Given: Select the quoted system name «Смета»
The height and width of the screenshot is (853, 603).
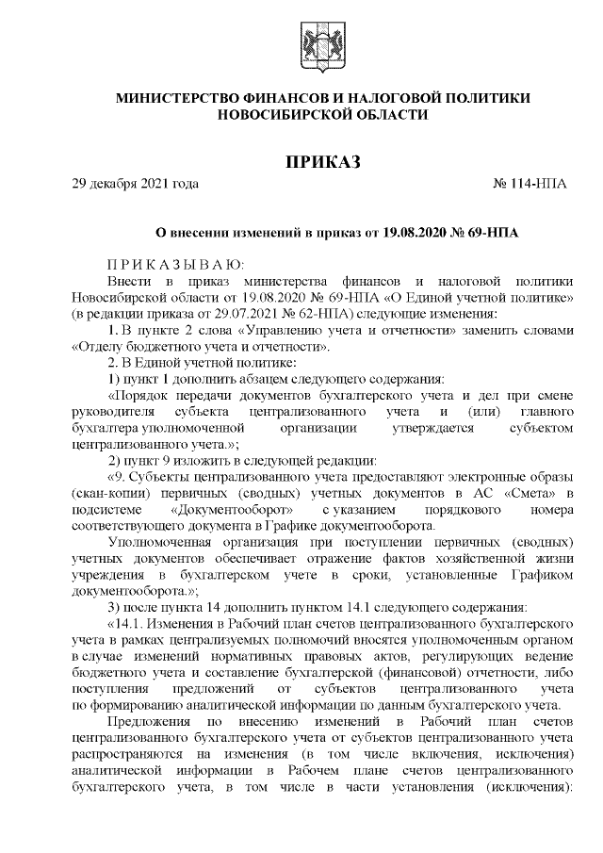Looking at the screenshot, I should (533, 493).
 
